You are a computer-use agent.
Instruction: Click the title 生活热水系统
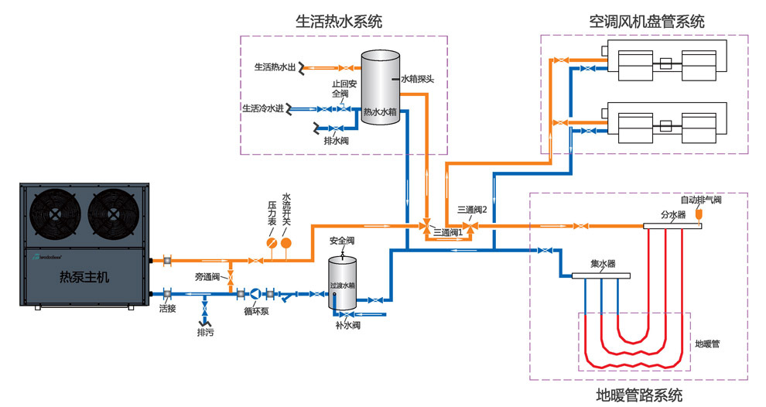[339, 22]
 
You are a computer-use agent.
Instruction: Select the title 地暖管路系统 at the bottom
[639, 395]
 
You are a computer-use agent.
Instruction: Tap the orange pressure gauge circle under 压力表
[272, 243]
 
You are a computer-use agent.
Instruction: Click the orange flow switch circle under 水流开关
[286, 243]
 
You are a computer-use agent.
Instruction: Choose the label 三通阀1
[447, 231]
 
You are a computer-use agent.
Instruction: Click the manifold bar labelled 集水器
[600, 275]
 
